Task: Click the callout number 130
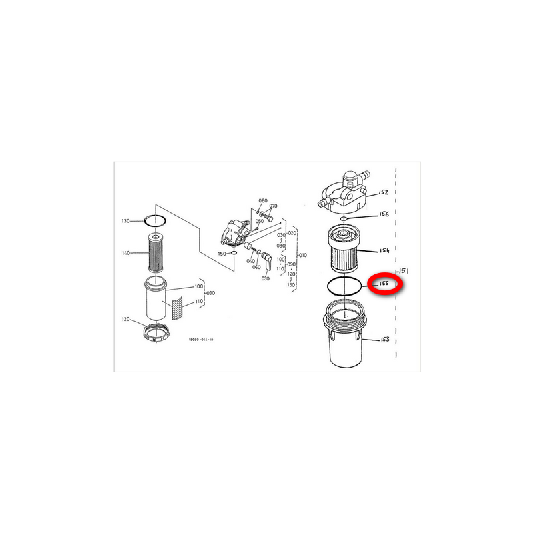(x=125, y=220)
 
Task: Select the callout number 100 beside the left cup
(x=198, y=286)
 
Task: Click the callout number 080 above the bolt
(x=263, y=201)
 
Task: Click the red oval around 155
(x=385, y=284)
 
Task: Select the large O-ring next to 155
(x=345, y=285)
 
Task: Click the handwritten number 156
(x=384, y=215)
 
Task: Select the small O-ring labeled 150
(x=232, y=253)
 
